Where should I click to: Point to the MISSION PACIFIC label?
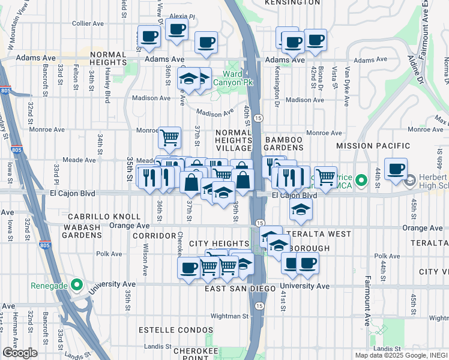(x=373, y=146)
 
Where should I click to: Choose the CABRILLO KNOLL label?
(x=104, y=217)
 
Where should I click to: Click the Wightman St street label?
(x=229, y=316)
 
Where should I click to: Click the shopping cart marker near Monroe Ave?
(x=170, y=137)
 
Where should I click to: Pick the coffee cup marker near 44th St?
(x=396, y=169)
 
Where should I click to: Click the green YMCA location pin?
(x=361, y=180)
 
